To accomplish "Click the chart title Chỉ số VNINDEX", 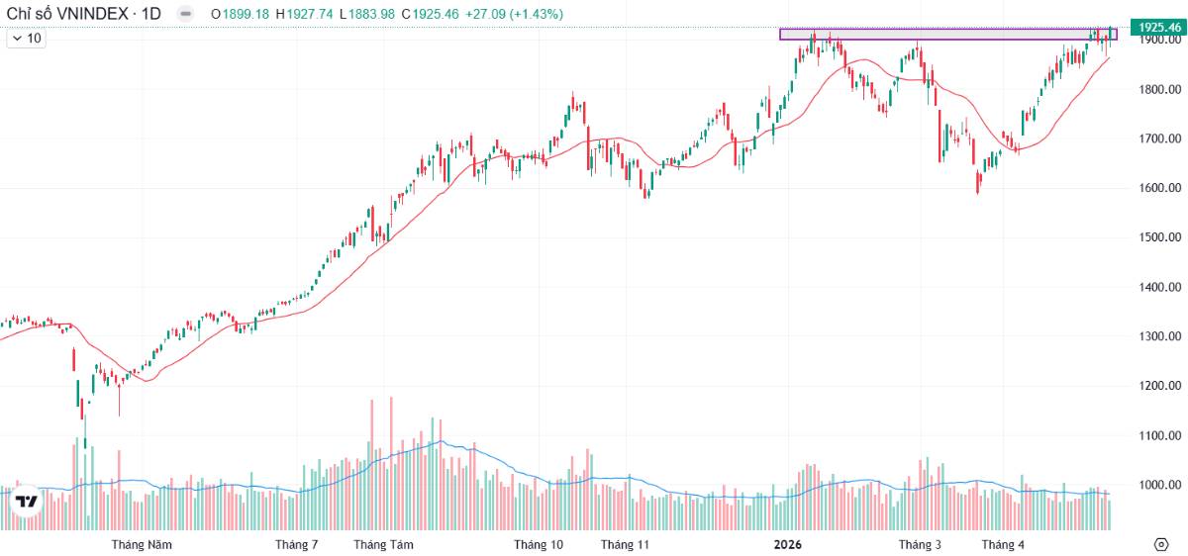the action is [67, 14].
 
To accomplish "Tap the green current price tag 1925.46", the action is [1158, 27].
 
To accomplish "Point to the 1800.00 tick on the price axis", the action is [1160, 89].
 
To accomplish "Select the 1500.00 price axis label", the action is [1160, 236].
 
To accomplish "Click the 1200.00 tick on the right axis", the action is [1160, 385].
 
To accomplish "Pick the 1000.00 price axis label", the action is [1160, 485].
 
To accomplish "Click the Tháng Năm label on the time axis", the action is [142, 544].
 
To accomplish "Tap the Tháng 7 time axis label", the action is [296, 544].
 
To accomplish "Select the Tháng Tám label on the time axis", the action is [383, 544].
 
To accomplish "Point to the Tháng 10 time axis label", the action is [539, 544].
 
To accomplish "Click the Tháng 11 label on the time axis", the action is [625, 544].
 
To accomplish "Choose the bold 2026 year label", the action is [788, 544].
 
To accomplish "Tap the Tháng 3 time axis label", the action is [920, 544].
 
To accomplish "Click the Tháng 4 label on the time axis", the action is [1003, 544].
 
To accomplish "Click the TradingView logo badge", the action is [26, 501].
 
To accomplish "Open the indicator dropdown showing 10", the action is [26, 39].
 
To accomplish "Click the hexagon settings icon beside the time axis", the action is [1161, 544].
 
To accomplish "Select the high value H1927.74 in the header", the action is [305, 14].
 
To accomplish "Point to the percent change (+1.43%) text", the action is [537, 14].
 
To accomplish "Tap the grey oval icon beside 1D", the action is [185, 14].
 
